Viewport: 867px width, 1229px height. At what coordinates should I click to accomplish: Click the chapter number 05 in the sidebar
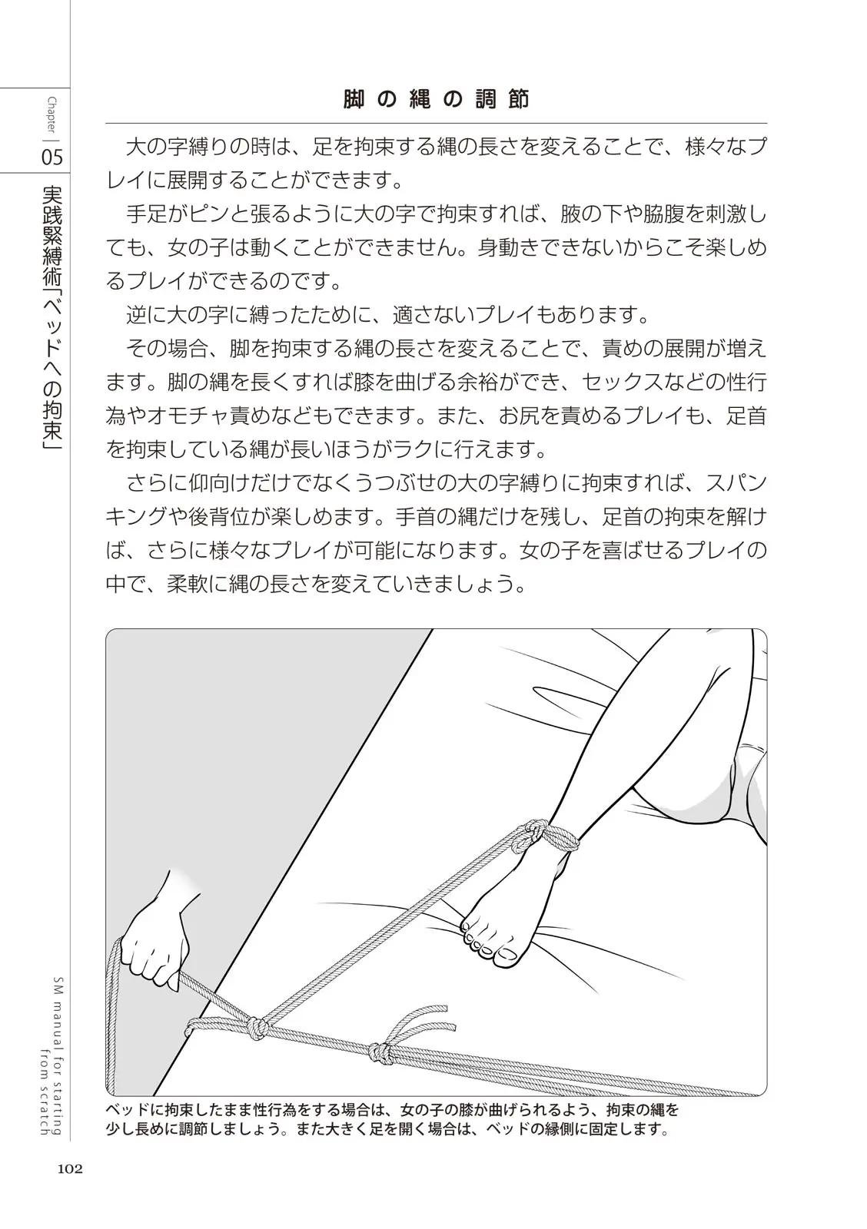pos(52,157)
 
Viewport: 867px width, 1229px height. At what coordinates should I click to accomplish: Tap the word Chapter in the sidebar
pos(52,115)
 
